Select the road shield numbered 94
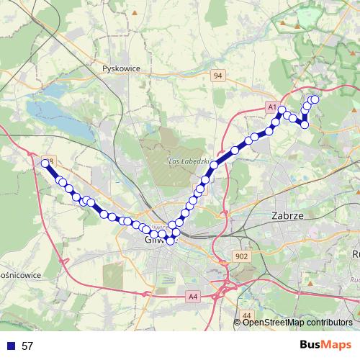pos(217,74)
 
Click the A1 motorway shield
pos(272,107)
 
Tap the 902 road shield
pos(241,256)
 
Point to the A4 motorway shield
pos(192,296)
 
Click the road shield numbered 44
pos(247,315)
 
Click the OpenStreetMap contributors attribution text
pos(297,323)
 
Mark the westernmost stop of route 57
pos(45,163)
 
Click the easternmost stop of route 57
pos(315,99)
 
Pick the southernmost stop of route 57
pos(171,241)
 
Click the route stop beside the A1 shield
pos(282,110)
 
